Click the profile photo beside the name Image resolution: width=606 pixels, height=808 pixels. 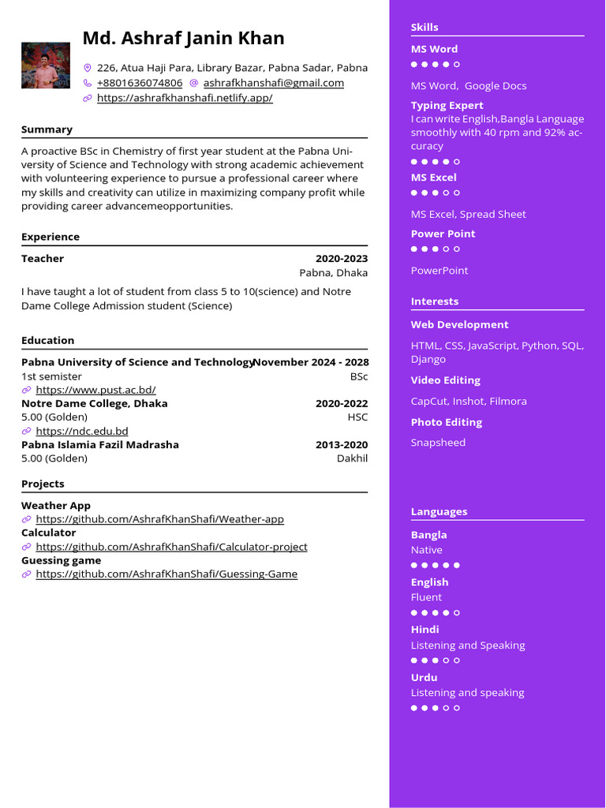coord(46,65)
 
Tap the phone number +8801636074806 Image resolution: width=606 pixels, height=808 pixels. coord(139,83)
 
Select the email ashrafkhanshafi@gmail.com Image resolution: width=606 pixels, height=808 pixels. coord(273,83)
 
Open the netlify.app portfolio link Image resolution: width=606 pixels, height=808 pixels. coord(185,98)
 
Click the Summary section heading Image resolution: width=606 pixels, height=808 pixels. coord(47,129)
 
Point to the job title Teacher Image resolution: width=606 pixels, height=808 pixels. coord(43,259)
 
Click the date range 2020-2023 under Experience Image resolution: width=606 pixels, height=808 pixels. coord(341,259)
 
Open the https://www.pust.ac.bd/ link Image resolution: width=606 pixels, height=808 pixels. coord(95,390)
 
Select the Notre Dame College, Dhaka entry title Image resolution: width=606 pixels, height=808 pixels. coord(94,403)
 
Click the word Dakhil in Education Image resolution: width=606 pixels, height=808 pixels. coord(352,458)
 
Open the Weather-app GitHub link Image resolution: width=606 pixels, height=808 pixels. coord(159,519)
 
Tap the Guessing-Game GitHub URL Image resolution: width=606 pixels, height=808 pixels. coord(166,574)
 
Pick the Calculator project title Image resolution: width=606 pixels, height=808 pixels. coord(48,533)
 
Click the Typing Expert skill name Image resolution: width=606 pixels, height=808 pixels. coord(447,106)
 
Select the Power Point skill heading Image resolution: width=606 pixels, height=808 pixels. coord(443,234)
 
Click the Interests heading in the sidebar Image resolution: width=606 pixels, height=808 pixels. coord(434,301)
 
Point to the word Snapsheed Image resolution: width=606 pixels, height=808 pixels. coord(438,443)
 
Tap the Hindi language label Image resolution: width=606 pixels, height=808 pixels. coord(425,630)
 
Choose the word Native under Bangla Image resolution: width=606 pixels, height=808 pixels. coord(426,550)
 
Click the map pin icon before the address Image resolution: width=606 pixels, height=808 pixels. coord(88,68)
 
